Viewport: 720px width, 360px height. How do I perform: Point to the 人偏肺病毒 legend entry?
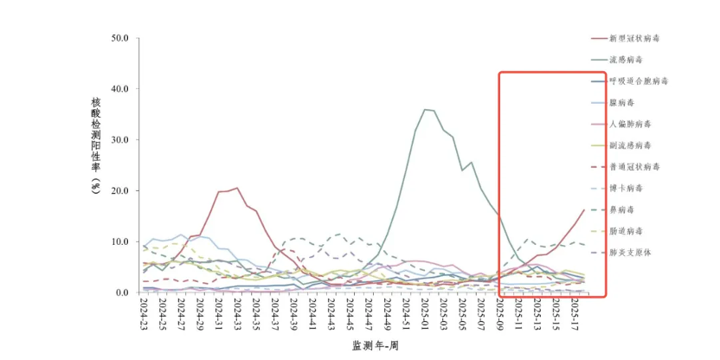[x=631, y=124]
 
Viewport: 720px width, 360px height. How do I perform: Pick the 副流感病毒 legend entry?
[x=631, y=145]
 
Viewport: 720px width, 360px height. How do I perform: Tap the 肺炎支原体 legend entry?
[x=631, y=252]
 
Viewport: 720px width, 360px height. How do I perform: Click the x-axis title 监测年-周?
[x=375, y=345]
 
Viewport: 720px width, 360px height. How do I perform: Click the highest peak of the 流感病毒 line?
[x=425, y=109]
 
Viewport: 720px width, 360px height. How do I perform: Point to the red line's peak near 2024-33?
[x=236, y=188]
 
